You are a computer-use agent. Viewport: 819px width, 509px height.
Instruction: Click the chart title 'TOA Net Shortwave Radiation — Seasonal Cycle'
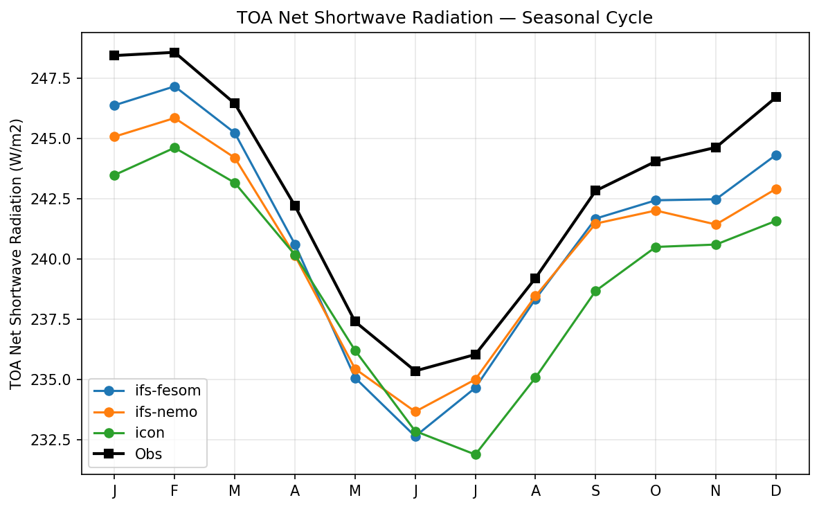(444, 18)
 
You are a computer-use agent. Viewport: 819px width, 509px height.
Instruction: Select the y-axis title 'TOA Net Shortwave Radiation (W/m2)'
(17, 253)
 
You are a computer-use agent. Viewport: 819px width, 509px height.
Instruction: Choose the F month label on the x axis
(174, 491)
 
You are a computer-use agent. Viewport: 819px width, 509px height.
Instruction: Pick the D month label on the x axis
(776, 491)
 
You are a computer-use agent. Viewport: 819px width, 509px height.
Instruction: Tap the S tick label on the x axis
(595, 491)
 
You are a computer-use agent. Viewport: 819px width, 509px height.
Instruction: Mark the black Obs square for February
(174, 53)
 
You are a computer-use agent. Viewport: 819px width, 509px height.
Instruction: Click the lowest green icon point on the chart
(476, 454)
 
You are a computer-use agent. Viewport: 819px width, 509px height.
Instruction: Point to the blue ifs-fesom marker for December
(776, 155)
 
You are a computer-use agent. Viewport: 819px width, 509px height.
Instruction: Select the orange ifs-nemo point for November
(716, 224)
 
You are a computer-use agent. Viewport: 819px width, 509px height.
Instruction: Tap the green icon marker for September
(595, 291)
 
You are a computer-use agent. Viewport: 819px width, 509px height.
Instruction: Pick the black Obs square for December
(776, 97)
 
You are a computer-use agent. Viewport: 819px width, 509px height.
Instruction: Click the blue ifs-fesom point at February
(174, 87)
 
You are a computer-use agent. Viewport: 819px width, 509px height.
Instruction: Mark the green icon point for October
(656, 247)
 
